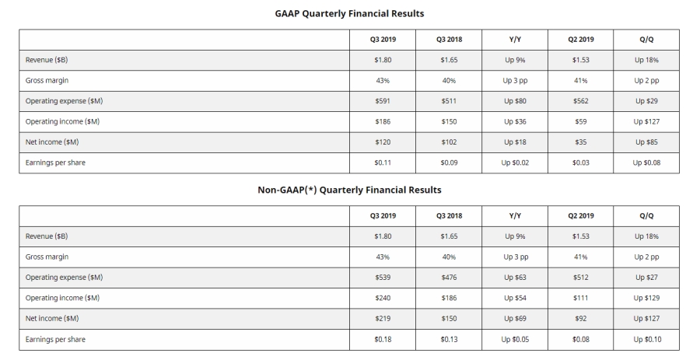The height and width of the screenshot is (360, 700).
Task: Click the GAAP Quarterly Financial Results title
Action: (x=349, y=13)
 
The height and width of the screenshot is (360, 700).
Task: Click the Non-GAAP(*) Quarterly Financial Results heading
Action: (x=349, y=189)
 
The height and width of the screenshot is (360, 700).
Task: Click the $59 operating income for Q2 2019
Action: (x=582, y=121)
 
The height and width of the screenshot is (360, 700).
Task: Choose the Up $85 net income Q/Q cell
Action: (x=647, y=142)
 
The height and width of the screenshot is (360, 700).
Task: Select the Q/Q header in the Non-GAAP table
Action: (x=647, y=215)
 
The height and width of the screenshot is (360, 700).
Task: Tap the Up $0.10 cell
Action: (x=647, y=339)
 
